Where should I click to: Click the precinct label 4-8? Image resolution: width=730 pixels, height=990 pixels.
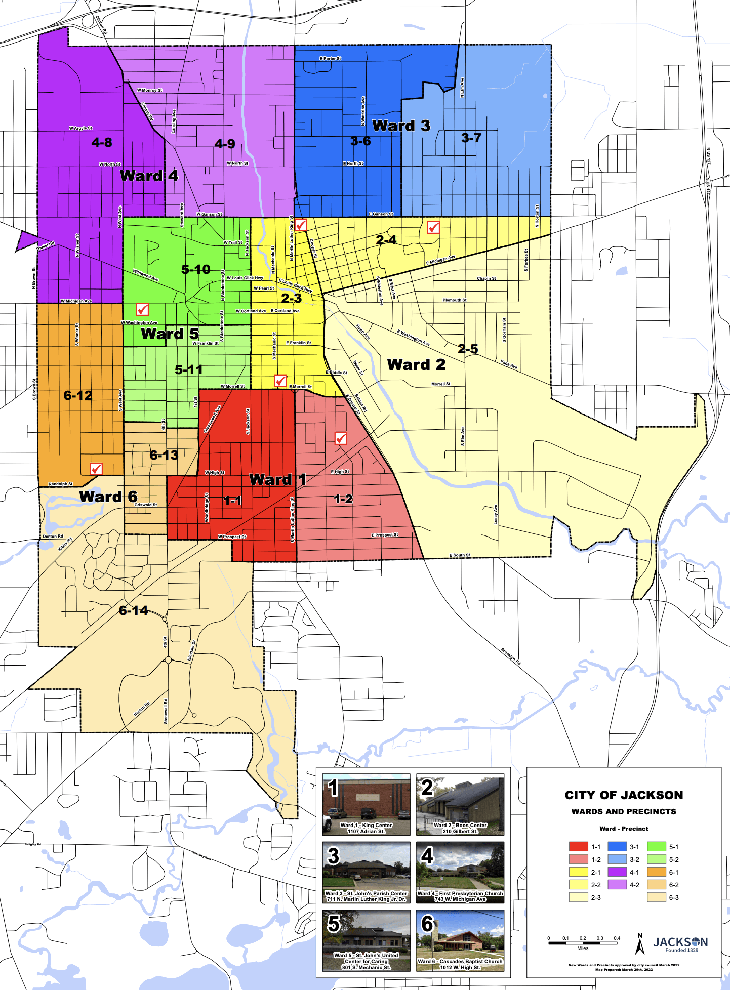[x=102, y=142]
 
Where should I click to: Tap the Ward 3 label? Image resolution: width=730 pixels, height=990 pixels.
[x=401, y=126]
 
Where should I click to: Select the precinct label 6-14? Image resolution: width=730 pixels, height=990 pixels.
[x=134, y=610]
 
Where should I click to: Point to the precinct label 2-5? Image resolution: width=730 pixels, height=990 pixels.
[x=468, y=349]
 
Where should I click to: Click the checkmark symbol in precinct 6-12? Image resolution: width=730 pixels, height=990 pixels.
[x=96, y=469]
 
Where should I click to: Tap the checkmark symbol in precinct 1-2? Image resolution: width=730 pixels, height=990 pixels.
[x=341, y=438]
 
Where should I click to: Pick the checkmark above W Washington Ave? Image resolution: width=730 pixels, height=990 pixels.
[x=143, y=309]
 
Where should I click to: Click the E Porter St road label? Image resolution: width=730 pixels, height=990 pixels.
[x=330, y=59]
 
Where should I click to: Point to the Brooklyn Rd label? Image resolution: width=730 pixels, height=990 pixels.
[x=511, y=656]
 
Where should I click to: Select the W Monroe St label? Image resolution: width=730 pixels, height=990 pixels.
[x=149, y=90]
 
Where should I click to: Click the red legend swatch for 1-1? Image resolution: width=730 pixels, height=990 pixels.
[x=578, y=846]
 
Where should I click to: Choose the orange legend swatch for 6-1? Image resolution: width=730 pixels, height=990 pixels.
[x=656, y=872]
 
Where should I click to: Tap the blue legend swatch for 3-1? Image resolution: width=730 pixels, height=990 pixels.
[x=617, y=846]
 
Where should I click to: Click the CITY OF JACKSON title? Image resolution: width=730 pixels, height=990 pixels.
[x=624, y=795]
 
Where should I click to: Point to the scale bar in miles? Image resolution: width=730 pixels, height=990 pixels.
[x=582, y=943]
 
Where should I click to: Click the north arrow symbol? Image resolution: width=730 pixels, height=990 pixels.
[x=640, y=944]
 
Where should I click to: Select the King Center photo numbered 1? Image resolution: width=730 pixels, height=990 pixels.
[x=366, y=804]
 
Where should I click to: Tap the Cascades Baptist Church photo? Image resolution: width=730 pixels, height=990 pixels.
[x=460, y=940]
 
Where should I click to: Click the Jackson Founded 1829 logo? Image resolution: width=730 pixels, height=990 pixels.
[x=680, y=944]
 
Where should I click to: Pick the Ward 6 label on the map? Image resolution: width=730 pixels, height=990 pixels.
[x=108, y=497]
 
